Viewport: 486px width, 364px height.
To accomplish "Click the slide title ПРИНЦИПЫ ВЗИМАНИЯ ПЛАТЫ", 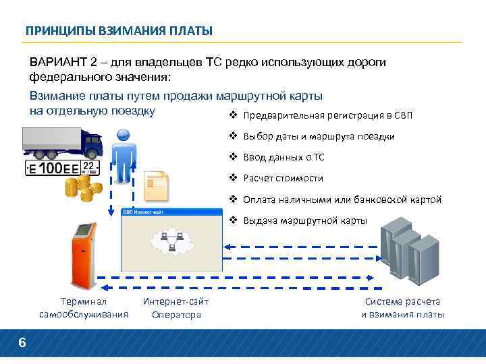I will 119,31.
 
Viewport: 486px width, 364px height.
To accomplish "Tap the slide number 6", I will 22,344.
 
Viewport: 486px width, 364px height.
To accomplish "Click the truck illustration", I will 62,142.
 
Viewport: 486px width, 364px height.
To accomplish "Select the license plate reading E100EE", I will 61,169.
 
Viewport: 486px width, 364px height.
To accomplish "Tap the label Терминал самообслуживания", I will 84,308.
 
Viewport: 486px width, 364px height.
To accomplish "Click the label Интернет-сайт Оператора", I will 176,308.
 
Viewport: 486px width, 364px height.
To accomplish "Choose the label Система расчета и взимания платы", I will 402,308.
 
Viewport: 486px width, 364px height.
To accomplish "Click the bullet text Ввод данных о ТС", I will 283,158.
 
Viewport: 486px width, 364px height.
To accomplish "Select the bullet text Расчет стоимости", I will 283,179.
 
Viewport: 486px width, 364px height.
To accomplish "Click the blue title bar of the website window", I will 171,212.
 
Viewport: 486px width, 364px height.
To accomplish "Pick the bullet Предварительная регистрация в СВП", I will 327,115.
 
